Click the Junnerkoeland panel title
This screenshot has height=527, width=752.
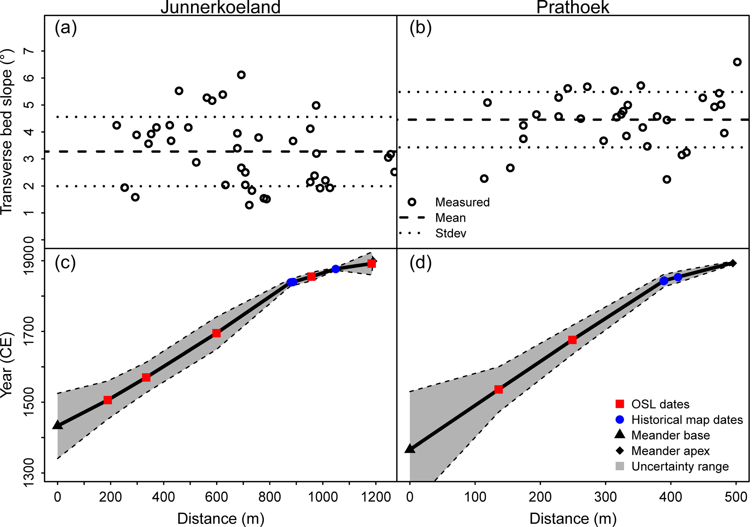(x=220, y=7)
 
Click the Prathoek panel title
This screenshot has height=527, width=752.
(x=573, y=7)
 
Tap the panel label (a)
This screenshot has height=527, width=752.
(x=65, y=28)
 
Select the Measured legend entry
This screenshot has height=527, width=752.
(x=462, y=202)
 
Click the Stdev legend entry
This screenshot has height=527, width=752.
(x=450, y=233)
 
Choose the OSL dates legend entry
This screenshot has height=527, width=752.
(x=660, y=404)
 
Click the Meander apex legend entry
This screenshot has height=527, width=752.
(x=670, y=451)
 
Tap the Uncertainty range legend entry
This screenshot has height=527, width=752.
(x=680, y=466)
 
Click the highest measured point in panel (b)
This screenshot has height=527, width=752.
(x=737, y=62)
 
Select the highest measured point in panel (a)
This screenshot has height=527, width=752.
(x=241, y=75)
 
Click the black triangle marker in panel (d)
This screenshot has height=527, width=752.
(x=410, y=449)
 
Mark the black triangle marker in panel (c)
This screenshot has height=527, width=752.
(x=57, y=425)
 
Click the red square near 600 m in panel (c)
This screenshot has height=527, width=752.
(x=216, y=333)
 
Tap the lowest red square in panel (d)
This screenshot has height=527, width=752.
(x=498, y=390)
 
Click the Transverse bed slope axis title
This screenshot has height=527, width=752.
(x=7, y=132)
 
